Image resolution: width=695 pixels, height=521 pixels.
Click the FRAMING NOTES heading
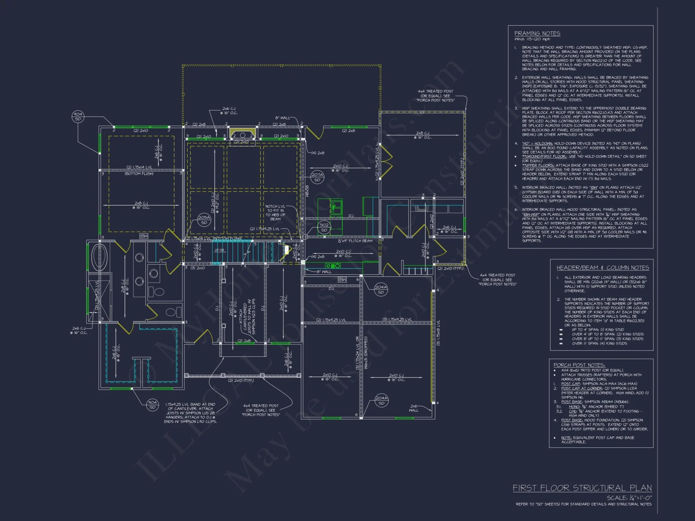click(x=537, y=33)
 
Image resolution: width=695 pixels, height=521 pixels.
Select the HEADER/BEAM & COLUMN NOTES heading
click(x=603, y=268)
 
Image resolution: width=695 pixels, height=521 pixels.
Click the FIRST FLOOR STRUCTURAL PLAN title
click(x=582, y=488)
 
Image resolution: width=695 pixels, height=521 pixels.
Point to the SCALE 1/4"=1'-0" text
click(x=629, y=498)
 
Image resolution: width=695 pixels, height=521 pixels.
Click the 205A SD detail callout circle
click(x=204, y=220)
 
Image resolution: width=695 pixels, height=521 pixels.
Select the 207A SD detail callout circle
click(x=317, y=177)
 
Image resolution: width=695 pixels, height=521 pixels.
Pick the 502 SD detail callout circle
click(x=324, y=227)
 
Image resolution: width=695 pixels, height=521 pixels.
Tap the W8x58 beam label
click(x=307, y=191)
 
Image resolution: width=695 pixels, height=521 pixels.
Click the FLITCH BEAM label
click(x=355, y=241)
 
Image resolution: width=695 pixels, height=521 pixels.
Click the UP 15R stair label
click(x=219, y=250)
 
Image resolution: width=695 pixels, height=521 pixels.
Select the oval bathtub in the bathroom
click(x=99, y=257)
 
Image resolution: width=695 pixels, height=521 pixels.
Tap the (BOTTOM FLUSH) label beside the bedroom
click(x=139, y=174)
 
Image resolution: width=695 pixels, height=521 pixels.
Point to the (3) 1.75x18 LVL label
click(x=438, y=333)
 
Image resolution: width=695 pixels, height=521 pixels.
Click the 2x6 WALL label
click(x=414, y=408)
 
